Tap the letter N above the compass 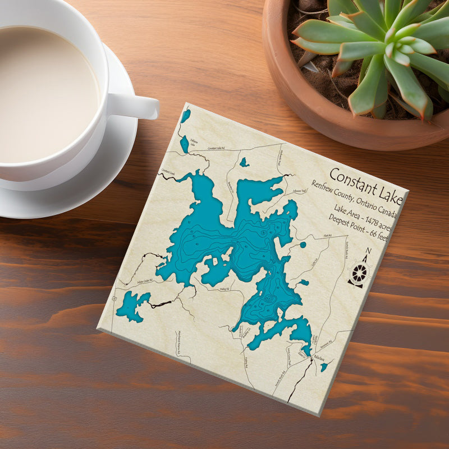click(x=368, y=250)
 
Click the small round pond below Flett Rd click(x=303, y=245)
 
